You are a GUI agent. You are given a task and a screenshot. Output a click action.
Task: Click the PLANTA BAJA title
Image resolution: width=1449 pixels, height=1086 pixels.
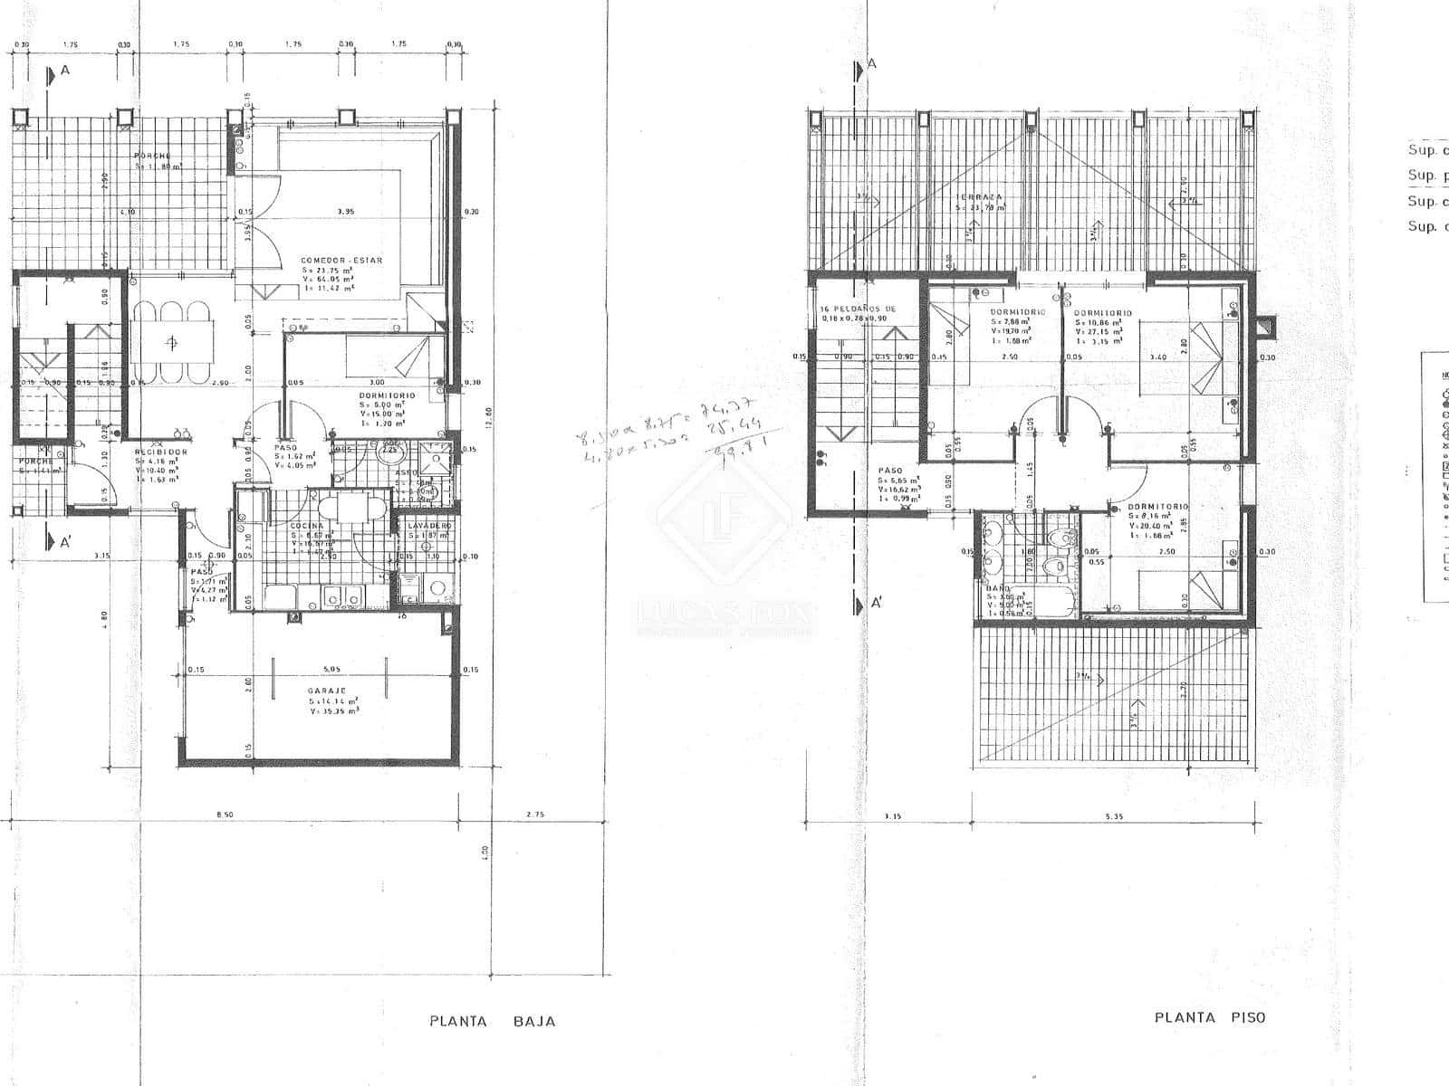[492, 1021]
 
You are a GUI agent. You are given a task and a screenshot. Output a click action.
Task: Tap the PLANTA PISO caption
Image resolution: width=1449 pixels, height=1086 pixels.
[1210, 1017]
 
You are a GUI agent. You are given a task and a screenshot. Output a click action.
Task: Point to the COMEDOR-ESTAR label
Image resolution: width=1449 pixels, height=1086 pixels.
[341, 260]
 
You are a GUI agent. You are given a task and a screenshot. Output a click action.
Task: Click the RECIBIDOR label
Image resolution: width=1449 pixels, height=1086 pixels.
[160, 452]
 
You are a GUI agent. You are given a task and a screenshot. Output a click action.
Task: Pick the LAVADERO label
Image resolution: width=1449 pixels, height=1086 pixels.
[429, 525]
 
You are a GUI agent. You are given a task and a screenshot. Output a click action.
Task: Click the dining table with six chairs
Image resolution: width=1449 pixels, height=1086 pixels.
[173, 342]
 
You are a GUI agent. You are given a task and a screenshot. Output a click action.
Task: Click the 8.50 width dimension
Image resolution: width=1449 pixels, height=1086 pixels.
[226, 814]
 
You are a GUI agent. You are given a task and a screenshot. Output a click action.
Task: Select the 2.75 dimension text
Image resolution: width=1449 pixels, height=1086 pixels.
[535, 814]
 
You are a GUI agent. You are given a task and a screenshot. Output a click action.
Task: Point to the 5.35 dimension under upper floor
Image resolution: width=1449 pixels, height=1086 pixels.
[1114, 816]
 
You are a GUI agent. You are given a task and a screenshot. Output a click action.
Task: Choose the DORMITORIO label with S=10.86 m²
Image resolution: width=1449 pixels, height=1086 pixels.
[1099, 312]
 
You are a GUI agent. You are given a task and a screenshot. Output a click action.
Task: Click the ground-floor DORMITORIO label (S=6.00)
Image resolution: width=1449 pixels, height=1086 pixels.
[387, 395]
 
